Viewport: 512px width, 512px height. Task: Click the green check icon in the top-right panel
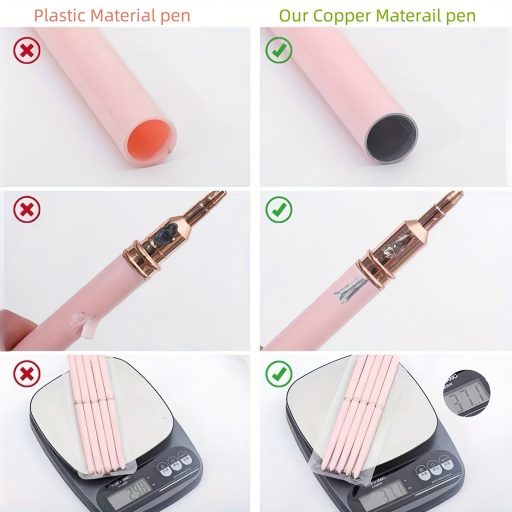point(280,49)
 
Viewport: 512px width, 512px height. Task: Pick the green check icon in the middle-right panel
point(280,211)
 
